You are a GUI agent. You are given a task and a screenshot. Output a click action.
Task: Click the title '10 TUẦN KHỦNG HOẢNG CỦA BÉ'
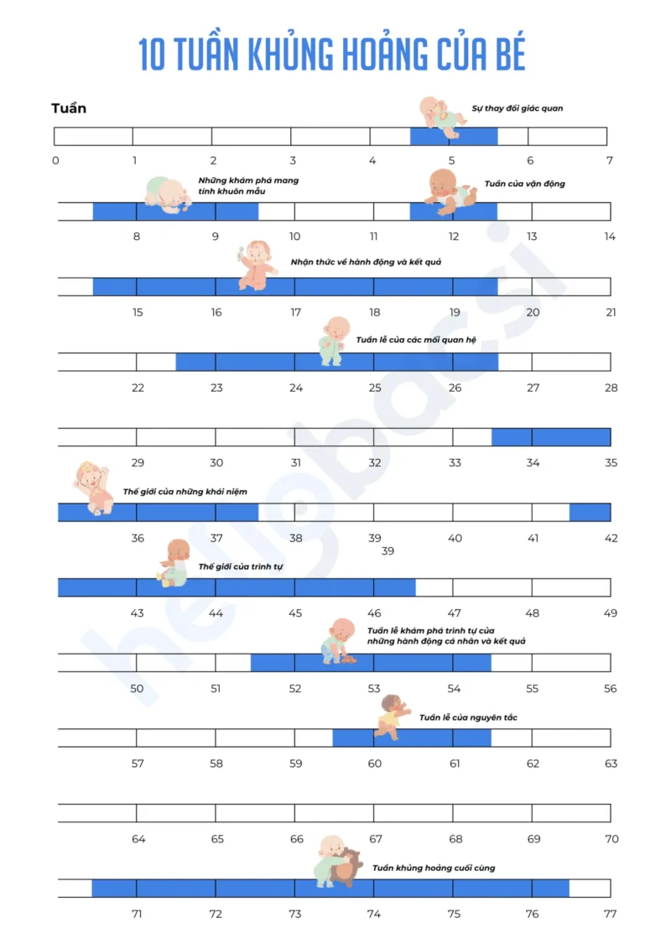click(x=332, y=55)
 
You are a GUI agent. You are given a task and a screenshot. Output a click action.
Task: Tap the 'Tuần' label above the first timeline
click(x=69, y=108)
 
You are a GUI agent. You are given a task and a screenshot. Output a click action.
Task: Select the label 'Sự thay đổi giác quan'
click(x=518, y=108)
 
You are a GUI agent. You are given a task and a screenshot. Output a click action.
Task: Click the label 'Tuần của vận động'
click(x=525, y=184)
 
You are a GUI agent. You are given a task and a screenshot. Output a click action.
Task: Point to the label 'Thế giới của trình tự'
click(x=241, y=567)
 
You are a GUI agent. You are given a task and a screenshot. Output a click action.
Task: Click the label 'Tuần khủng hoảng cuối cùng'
click(x=434, y=868)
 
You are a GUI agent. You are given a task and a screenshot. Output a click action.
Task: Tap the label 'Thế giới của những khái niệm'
click(x=185, y=492)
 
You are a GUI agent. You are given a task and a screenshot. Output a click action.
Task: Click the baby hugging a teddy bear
click(x=338, y=862)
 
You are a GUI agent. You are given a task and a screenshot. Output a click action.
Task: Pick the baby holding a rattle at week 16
click(x=257, y=266)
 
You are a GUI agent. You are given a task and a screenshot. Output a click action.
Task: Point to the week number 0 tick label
click(x=55, y=161)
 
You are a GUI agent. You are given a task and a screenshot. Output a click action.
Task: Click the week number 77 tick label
click(x=610, y=914)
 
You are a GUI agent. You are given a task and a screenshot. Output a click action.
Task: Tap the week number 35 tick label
click(x=611, y=462)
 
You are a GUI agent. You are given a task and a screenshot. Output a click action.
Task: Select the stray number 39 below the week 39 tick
click(x=388, y=551)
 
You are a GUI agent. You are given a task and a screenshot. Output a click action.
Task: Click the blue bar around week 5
click(x=453, y=136)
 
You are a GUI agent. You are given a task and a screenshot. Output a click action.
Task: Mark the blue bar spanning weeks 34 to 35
click(x=551, y=436)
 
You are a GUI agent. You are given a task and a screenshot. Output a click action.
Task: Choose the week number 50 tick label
click(x=137, y=688)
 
